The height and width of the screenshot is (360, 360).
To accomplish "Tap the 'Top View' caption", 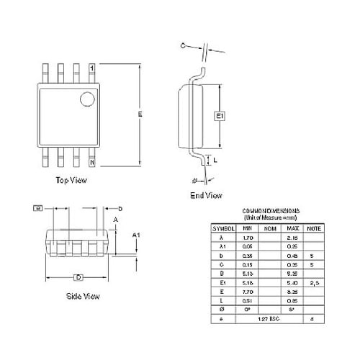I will pyautogui.click(x=71, y=180).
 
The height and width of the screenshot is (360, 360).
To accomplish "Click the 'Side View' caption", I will pyautogui.click(x=82, y=296).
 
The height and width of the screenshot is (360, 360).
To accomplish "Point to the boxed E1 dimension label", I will pyautogui.click(x=220, y=115).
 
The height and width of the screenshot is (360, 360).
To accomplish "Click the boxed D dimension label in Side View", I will pyautogui.click(x=78, y=277).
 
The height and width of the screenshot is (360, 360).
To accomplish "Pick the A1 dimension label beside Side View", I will pyautogui.click(x=135, y=235).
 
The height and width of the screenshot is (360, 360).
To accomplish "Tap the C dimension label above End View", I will pyautogui.click(x=183, y=45).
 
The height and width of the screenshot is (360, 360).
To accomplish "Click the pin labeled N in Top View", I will pyautogui.click(x=91, y=163).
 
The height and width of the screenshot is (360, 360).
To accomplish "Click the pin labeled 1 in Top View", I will pyautogui.click(x=91, y=67).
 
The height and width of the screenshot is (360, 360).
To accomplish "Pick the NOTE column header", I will pyautogui.click(x=312, y=228).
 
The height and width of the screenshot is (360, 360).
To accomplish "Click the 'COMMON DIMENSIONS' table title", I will pyautogui.click(x=268, y=210).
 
